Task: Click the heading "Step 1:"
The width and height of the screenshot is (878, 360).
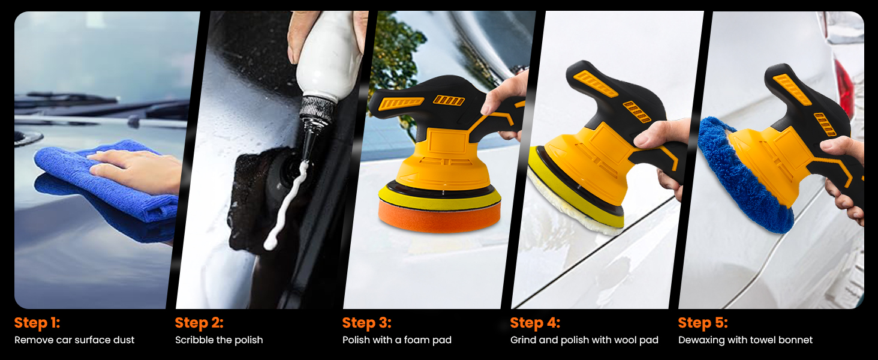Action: [x=37, y=323]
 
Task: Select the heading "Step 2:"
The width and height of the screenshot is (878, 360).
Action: [x=199, y=323]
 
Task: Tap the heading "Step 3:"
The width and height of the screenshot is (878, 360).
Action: [x=366, y=323]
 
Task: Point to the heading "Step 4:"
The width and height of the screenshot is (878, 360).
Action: [x=535, y=323]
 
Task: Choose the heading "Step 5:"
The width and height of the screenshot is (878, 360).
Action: [x=703, y=323]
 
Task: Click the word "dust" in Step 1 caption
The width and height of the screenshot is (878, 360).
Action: [x=124, y=340]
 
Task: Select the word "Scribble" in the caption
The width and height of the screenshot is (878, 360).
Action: [x=194, y=340]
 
